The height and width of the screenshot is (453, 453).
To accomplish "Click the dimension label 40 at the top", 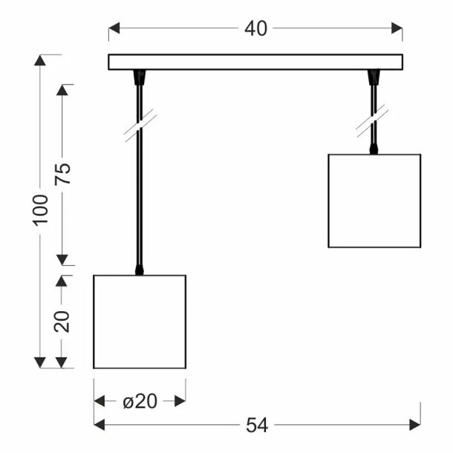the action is [255, 29].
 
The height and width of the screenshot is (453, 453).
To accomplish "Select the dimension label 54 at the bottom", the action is [257, 426].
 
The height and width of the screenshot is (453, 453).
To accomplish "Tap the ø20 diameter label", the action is [140, 401].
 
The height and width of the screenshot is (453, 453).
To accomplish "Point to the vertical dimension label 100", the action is [40, 210].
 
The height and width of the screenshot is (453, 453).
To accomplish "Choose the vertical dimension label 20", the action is [62, 322].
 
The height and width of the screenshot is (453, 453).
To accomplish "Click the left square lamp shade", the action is [140, 322].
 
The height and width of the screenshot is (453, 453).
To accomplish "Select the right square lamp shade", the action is [374, 201].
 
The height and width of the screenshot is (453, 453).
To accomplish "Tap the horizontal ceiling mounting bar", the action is [255, 62].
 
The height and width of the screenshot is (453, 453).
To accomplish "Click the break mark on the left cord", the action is [140, 126].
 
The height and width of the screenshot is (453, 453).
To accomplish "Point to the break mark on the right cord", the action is [373, 121].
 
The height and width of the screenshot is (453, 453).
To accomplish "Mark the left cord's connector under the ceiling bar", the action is [140, 77].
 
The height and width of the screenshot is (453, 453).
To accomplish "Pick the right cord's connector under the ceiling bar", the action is [374, 77].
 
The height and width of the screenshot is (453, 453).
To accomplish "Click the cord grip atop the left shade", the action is [140, 270].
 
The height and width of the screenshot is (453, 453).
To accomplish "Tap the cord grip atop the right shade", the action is [374, 149].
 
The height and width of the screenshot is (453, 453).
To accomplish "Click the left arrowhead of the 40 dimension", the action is [114, 28].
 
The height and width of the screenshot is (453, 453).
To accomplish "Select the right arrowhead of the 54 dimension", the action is [415, 425].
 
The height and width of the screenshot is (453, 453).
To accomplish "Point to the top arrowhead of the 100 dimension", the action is [40, 60].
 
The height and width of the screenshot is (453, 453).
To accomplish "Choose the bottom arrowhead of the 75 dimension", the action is [62, 260].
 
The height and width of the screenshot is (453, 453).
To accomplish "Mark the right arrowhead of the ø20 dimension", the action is [180, 401].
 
